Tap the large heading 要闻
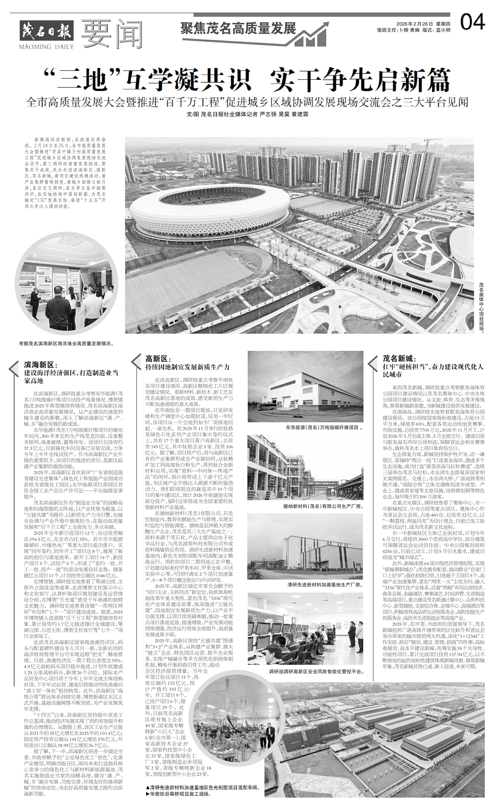coord(112,33)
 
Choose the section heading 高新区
coord(158,359)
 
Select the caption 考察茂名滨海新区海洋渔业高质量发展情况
coord(66,344)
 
